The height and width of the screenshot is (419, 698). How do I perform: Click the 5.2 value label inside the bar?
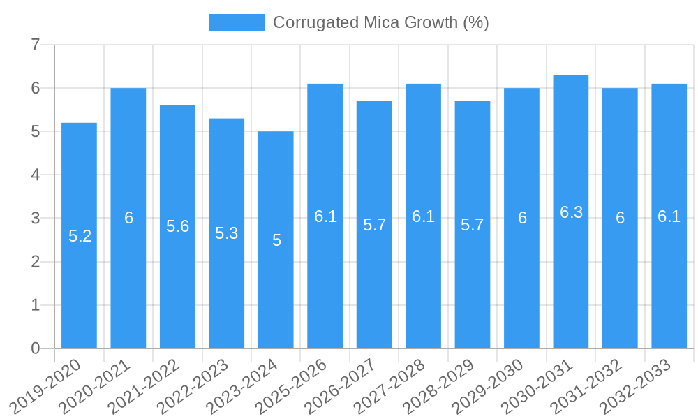[x=80, y=236]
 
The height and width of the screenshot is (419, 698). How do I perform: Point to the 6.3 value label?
[x=571, y=212]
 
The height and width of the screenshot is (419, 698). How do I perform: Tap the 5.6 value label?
[x=177, y=226]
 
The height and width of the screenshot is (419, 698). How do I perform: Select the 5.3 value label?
[x=227, y=233]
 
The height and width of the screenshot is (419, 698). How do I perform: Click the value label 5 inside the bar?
[x=276, y=240]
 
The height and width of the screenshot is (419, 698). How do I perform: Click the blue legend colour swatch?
[x=236, y=22]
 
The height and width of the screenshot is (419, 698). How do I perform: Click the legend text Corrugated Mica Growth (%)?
[x=380, y=22]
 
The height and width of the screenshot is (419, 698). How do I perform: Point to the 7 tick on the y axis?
[x=35, y=45]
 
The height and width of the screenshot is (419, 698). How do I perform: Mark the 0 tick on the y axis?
[x=35, y=348]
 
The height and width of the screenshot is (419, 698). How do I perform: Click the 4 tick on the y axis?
[x=35, y=175]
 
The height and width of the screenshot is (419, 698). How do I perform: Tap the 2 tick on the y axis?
[x=35, y=262]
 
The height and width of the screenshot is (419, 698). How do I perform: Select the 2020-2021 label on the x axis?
[x=96, y=385]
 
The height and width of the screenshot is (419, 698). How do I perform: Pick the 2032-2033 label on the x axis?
[x=637, y=385]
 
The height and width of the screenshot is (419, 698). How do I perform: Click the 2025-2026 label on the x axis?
[x=293, y=385]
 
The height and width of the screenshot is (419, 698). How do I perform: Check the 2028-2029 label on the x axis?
[x=440, y=385]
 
